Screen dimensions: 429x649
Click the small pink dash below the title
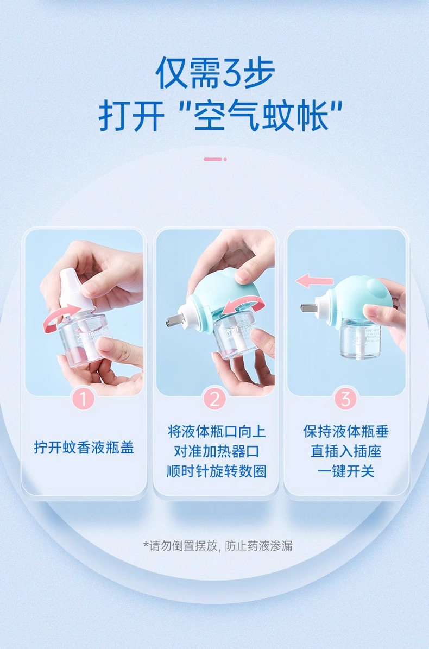[x=214, y=159]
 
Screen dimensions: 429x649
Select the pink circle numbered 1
[x=84, y=399]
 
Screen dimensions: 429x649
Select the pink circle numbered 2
[x=214, y=399]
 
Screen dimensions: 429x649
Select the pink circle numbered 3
[x=345, y=399]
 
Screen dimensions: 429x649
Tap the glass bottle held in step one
[x=81, y=340]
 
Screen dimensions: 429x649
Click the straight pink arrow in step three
[x=314, y=281]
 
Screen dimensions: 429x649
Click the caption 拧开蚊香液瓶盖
[x=84, y=448]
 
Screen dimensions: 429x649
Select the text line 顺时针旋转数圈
[x=216, y=471]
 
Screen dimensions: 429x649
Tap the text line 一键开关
[x=346, y=471]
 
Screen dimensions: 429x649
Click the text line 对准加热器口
[x=216, y=451]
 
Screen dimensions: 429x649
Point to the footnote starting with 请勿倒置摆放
[x=218, y=546]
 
